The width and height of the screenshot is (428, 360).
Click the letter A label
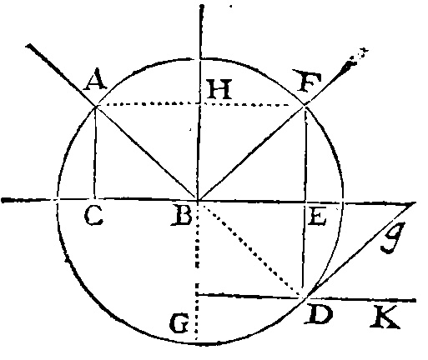(x=95, y=80)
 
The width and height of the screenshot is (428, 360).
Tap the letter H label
(x=219, y=89)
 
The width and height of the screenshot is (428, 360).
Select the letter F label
(x=310, y=81)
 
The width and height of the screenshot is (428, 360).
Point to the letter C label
(x=93, y=217)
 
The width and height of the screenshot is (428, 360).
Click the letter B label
(x=182, y=217)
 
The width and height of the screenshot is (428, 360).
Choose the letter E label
(x=317, y=217)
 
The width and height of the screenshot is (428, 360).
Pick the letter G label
(x=179, y=322)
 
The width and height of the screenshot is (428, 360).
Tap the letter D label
(x=319, y=313)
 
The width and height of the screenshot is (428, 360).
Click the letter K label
(x=385, y=317)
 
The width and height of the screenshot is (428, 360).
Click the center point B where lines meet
(x=198, y=200)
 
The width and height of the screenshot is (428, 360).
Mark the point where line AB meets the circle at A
(x=96, y=106)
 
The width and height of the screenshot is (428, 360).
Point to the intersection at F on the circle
(x=305, y=105)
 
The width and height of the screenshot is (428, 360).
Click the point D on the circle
(x=305, y=297)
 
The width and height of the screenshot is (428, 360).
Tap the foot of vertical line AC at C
(x=95, y=198)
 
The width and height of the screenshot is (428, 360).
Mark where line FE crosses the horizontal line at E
(x=305, y=202)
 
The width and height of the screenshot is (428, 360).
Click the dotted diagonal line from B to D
(x=250, y=248)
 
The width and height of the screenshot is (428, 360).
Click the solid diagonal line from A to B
(x=147, y=153)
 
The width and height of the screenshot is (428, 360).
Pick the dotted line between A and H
(x=148, y=104)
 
